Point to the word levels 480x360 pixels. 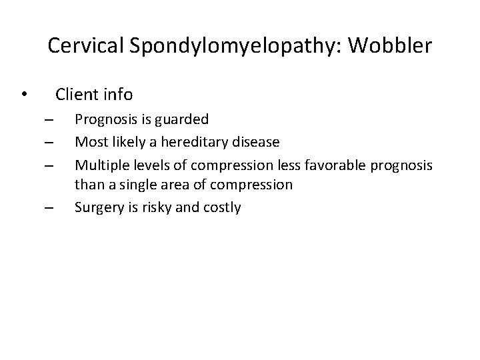click(148, 163)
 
